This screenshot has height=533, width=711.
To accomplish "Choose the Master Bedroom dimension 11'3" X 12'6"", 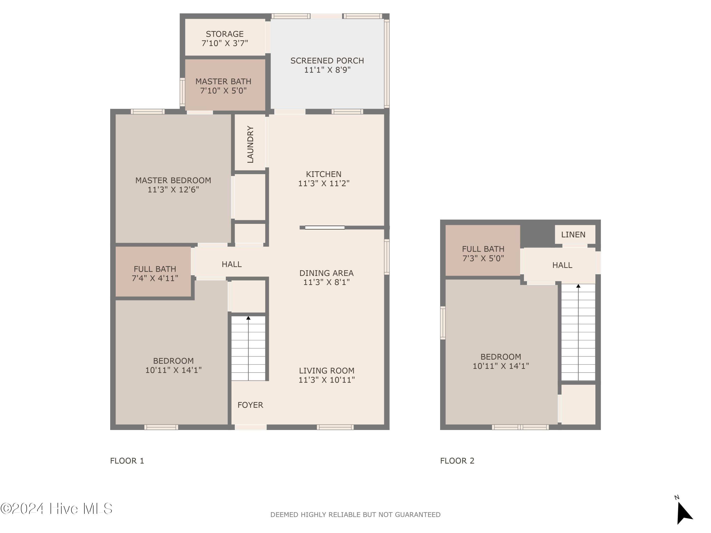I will click(173, 190).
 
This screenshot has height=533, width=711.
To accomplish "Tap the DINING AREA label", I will click(326, 273).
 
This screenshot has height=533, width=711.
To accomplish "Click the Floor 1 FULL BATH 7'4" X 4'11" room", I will click(155, 273).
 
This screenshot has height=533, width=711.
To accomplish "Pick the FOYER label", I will click(250, 405).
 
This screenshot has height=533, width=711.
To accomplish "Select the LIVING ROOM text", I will click(327, 371).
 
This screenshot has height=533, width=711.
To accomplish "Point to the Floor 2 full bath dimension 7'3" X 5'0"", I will click(483, 258).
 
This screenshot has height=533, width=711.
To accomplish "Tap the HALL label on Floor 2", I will click(562, 265).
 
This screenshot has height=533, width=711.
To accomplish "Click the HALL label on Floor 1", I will click(231, 264).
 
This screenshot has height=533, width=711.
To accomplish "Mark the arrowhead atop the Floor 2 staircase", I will click(578, 286).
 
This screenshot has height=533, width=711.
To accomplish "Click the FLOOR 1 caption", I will click(127, 461).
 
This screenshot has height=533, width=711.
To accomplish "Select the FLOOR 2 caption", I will click(457, 461).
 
